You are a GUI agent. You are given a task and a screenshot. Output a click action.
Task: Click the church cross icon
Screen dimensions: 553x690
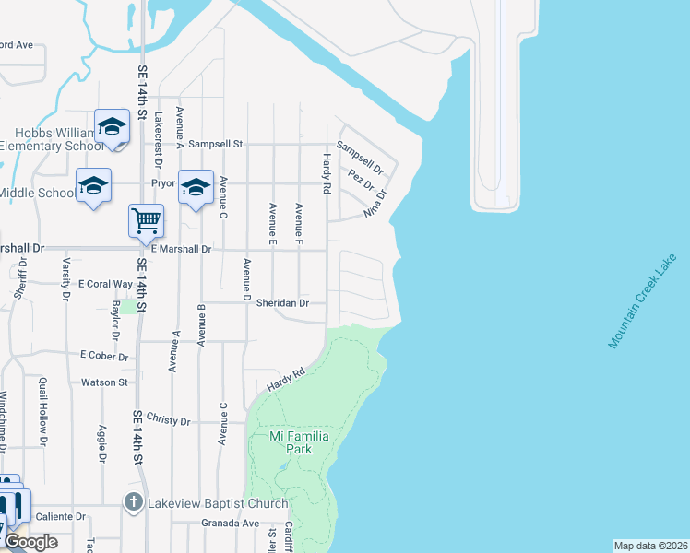pos(133,503)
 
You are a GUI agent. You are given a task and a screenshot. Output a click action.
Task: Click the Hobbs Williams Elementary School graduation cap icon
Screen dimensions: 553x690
pos(113,126)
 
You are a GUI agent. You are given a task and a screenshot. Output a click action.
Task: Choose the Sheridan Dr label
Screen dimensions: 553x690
pos(282,302)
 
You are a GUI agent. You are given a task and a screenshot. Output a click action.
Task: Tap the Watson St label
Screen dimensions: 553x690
pos(103,382)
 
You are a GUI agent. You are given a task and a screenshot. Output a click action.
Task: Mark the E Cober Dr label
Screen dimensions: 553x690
pos(102,355)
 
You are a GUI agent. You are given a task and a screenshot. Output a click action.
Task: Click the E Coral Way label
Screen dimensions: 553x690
pos(105,284)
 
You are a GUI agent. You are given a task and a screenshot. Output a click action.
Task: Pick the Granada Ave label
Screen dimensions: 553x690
pos(230,523)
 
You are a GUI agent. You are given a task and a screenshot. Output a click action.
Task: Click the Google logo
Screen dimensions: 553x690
pos(30,543)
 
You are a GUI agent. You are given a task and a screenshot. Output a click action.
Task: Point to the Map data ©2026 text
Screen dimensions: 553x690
pos(650,546)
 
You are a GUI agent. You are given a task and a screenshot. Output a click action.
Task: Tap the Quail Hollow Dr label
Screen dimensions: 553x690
pos(42,408)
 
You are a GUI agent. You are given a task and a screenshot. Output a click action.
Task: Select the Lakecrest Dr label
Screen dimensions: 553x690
pos(158,137)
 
